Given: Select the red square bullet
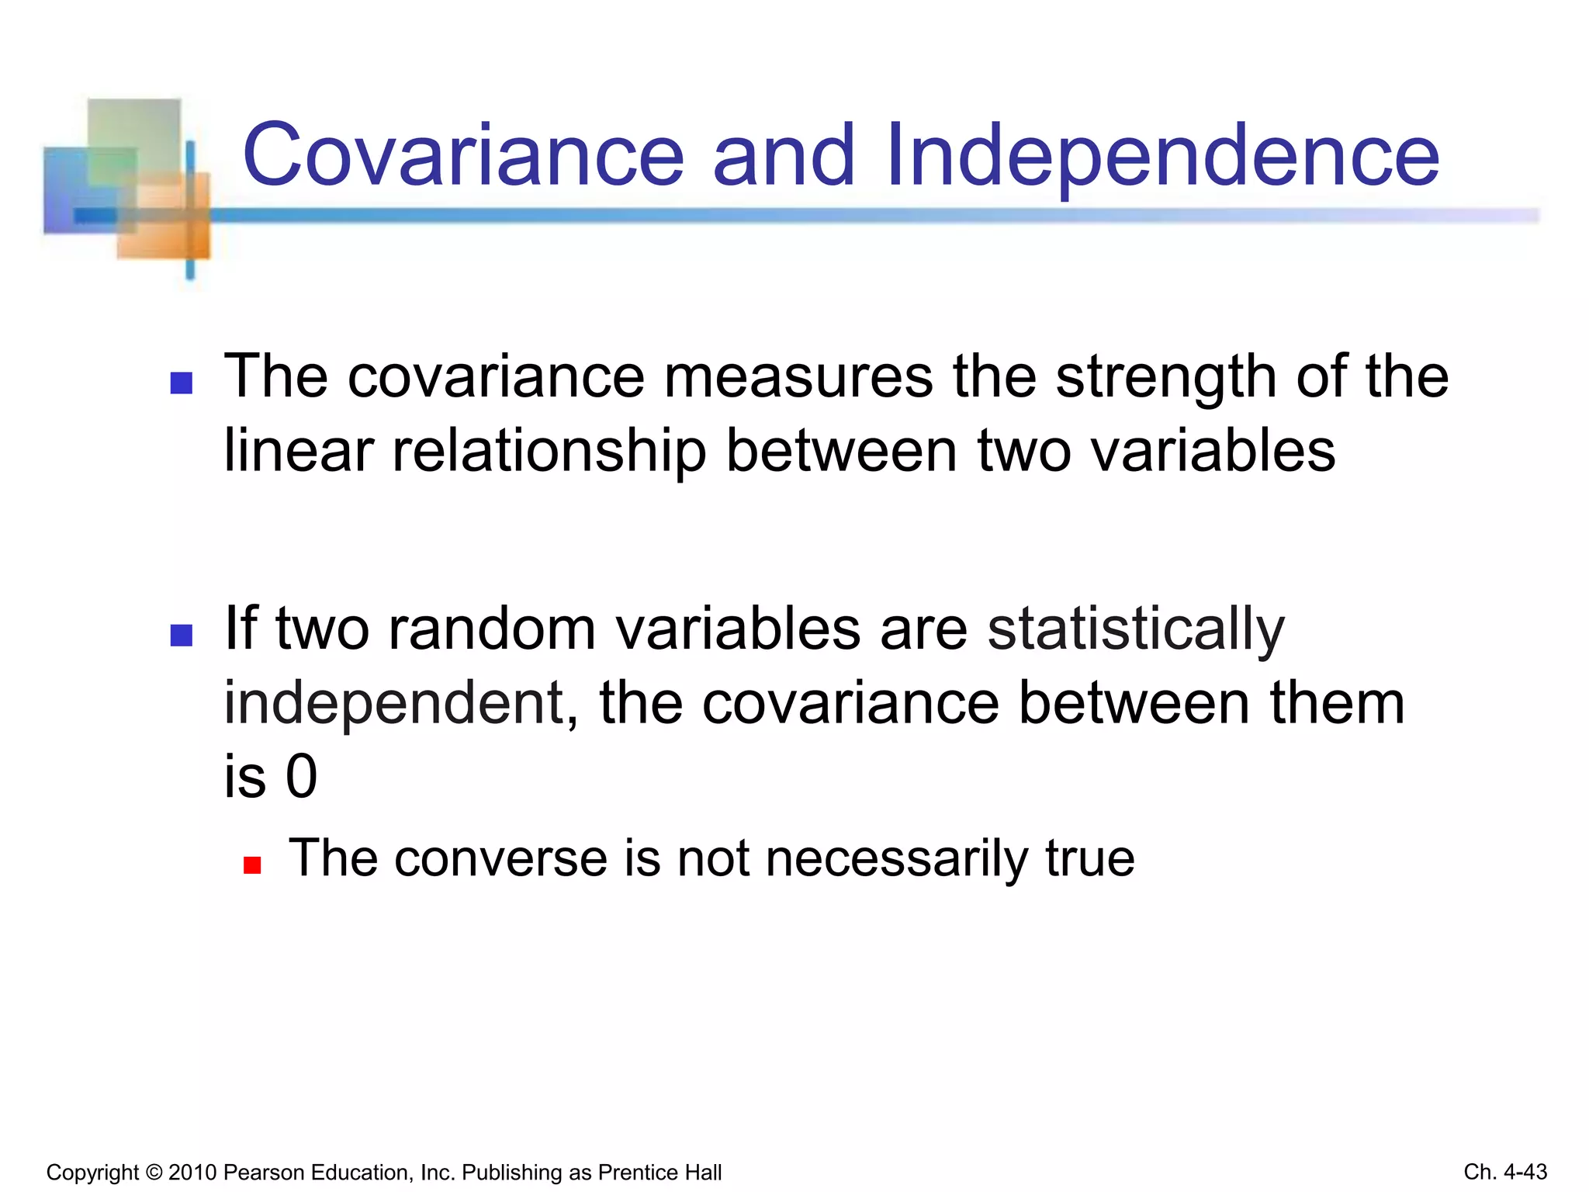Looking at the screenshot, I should (x=252, y=865).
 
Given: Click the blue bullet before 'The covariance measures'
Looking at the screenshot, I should (x=182, y=383).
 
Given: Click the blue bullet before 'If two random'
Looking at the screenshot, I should (x=182, y=636).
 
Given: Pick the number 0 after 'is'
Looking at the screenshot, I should (x=302, y=777).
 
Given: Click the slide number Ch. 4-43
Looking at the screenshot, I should (x=1505, y=1172).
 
